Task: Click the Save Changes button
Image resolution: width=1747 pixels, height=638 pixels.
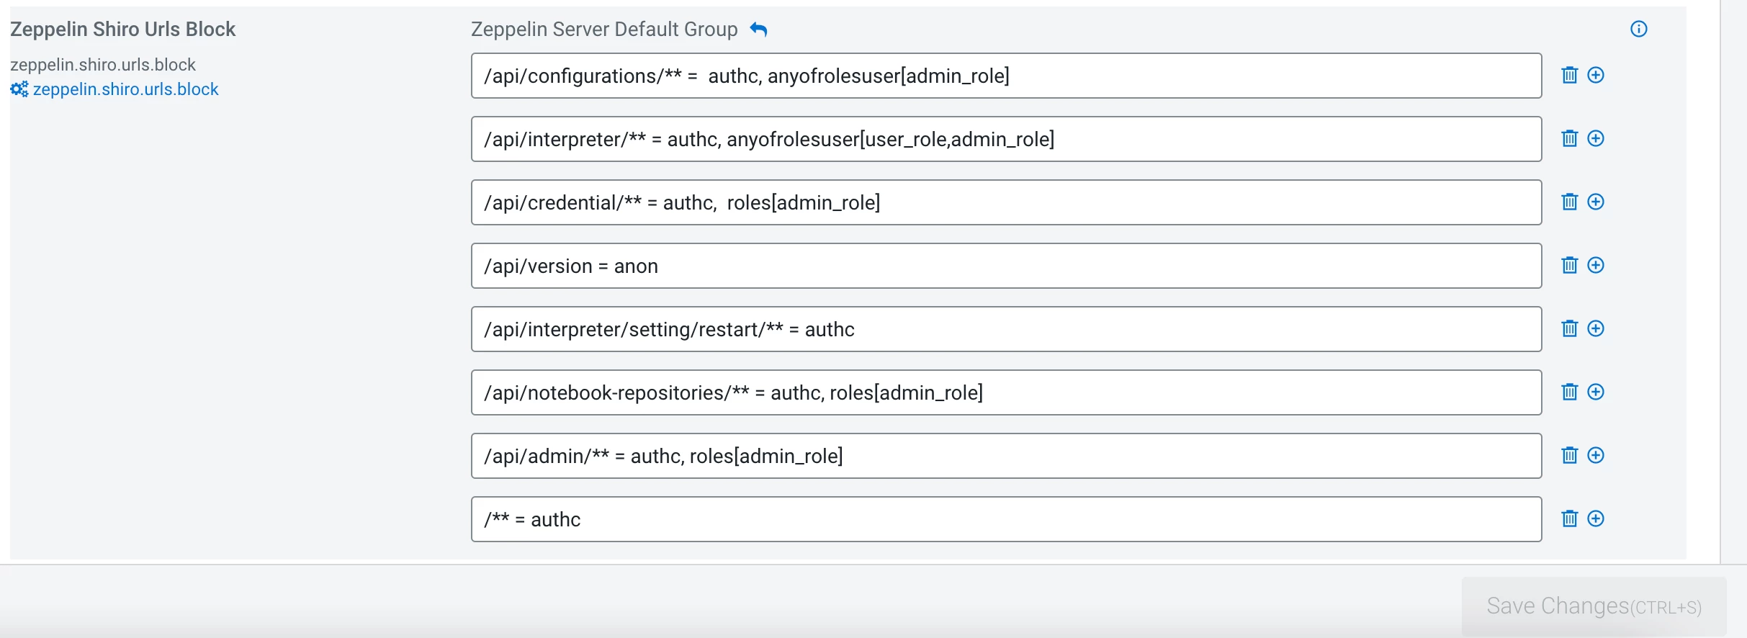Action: pos(1594,606)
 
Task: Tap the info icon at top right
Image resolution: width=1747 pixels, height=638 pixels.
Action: pos(1638,29)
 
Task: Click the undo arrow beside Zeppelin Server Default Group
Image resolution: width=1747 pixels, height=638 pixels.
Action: pos(758,29)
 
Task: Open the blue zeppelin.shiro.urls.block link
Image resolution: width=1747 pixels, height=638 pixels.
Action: pos(125,89)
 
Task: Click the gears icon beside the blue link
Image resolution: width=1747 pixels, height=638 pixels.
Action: pos(19,89)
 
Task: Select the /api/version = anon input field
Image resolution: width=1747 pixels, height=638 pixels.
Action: pos(1006,266)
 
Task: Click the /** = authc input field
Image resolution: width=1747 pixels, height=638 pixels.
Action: pos(1006,519)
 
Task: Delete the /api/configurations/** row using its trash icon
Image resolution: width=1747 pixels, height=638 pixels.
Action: pos(1570,75)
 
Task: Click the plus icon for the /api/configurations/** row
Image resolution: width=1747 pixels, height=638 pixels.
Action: pos(1596,75)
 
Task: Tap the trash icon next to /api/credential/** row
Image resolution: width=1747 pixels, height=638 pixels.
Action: pos(1570,202)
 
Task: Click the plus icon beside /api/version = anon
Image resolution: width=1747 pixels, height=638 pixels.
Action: pos(1596,265)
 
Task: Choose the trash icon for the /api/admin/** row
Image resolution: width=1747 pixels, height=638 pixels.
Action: pos(1570,455)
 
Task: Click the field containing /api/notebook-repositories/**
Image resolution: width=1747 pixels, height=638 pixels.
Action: pos(1006,392)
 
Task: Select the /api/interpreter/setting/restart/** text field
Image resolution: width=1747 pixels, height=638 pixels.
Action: pos(1006,329)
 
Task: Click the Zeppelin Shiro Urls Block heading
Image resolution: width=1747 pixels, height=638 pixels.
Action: pos(123,29)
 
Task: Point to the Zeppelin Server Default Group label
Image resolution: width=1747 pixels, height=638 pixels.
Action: pos(604,29)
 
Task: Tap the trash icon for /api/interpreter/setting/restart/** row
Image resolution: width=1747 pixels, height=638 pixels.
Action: pos(1570,328)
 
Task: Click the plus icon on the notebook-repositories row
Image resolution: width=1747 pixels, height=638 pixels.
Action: pos(1596,392)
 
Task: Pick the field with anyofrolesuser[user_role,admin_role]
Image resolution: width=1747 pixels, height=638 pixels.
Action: pos(1006,139)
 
